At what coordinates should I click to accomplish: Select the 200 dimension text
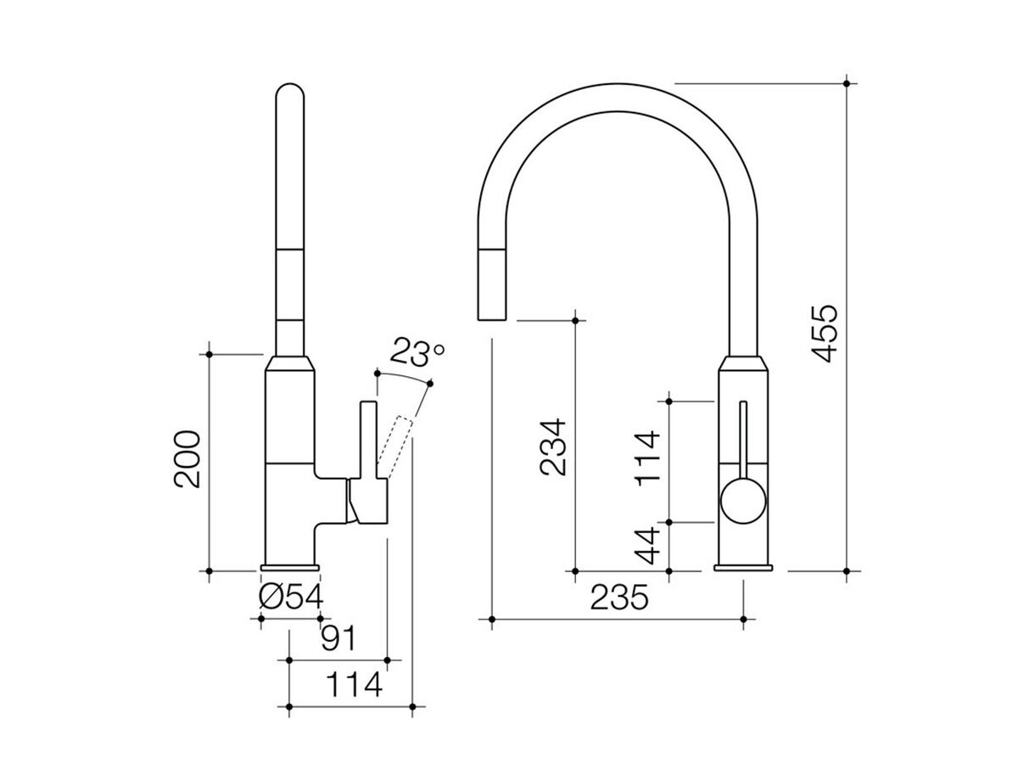pos(187,459)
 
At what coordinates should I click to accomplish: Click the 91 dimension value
pos(338,637)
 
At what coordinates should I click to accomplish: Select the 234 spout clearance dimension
pos(551,448)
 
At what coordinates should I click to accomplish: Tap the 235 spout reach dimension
pos(618,598)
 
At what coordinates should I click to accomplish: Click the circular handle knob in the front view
pos(744,501)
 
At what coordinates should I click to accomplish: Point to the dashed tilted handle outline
pos(394,446)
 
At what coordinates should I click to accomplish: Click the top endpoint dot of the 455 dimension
pos(847,83)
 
